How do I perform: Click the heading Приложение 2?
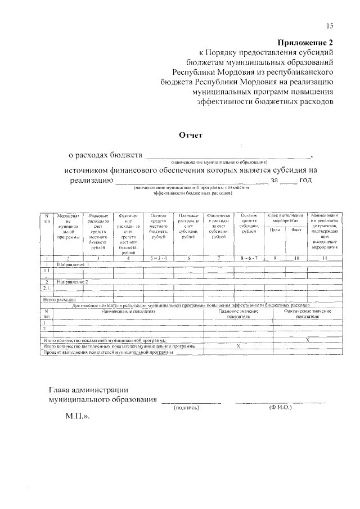(306, 42)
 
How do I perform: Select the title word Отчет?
(190, 135)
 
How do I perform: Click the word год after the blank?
(305, 180)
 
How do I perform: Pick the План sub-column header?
(275, 229)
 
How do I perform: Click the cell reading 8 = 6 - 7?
(249, 258)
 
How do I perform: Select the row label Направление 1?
(74, 264)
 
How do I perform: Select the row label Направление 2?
(74, 281)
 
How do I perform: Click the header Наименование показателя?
(128, 310)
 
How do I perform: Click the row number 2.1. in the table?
(47, 287)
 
